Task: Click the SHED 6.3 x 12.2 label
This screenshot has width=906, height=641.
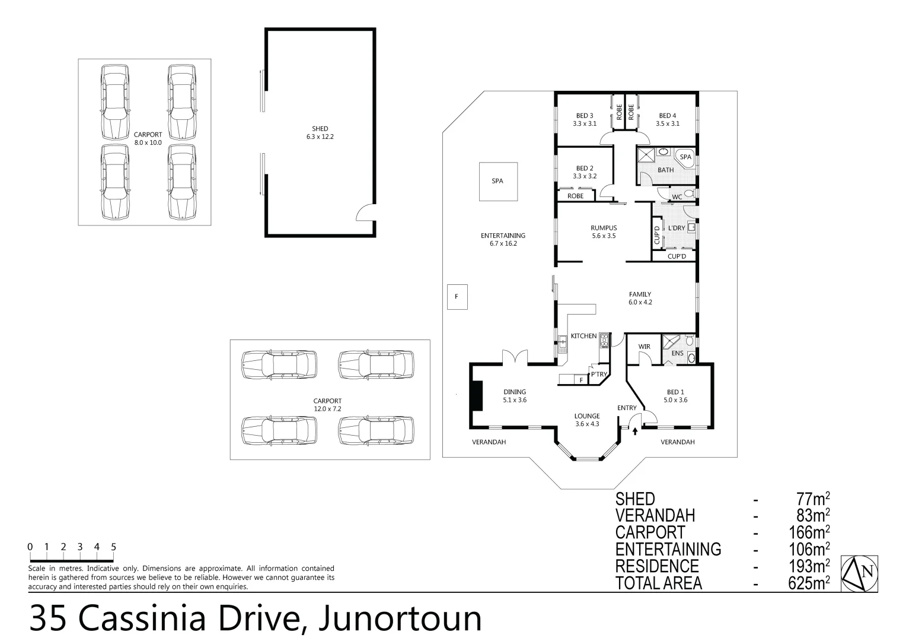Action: [x=320, y=132]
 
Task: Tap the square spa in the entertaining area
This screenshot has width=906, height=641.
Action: [x=497, y=181]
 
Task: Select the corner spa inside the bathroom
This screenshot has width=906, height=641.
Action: [x=685, y=157]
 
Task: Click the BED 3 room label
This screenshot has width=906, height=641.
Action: [x=584, y=119]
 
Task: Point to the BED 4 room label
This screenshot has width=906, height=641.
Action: [x=667, y=119]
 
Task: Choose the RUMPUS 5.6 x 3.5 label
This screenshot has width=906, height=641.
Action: [x=604, y=231]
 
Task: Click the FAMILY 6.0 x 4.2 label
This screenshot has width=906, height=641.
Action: [x=640, y=298]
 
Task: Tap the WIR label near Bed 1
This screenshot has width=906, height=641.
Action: [x=644, y=347]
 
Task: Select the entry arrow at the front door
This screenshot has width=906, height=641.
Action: [x=635, y=431]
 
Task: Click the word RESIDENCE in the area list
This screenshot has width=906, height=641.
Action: [x=657, y=566]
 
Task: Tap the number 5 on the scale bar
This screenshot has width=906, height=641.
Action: [x=113, y=547]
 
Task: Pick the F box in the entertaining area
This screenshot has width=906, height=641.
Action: [x=457, y=297]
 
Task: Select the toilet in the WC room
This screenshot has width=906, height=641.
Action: [x=688, y=193]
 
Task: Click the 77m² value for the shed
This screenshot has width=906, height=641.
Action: [x=812, y=500]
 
